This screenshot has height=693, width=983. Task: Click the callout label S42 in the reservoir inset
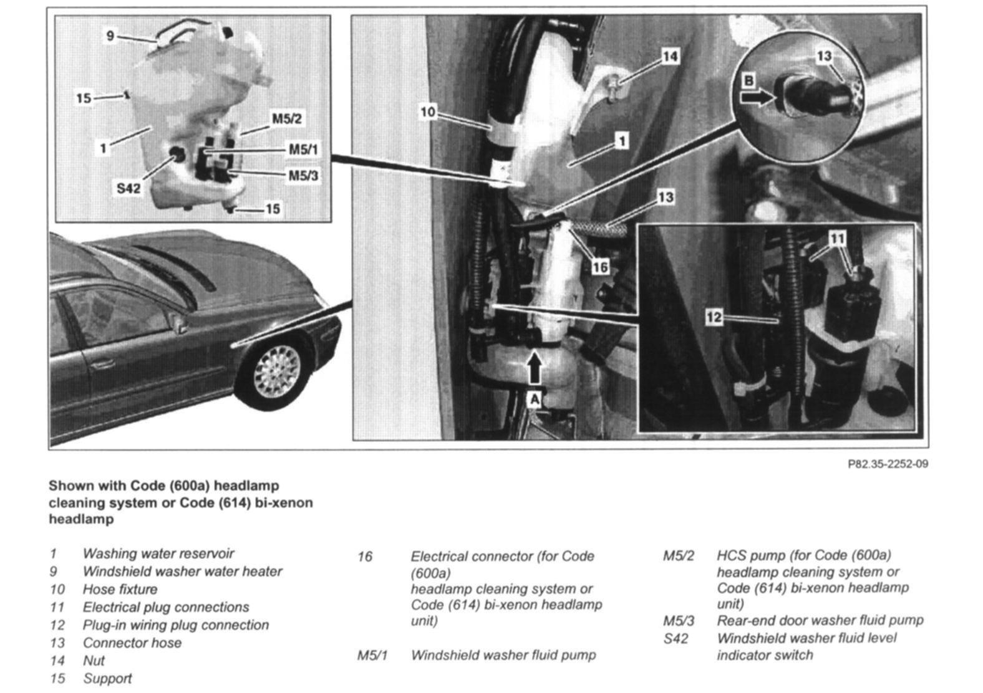(128, 188)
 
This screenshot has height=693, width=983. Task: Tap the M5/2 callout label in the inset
(286, 118)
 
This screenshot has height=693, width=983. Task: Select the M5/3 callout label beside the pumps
(303, 176)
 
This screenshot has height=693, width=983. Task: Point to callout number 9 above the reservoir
(110, 36)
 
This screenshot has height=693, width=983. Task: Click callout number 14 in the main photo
(670, 56)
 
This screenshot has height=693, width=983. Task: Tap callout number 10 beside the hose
(428, 112)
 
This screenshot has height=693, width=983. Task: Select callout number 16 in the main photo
(600, 267)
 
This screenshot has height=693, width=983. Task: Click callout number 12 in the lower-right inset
(714, 317)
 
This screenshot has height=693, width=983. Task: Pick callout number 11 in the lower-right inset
(837, 238)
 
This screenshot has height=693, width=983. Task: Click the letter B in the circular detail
(748, 80)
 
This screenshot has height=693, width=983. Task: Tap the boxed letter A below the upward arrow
(535, 399)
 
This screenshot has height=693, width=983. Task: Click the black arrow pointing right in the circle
(758, 97)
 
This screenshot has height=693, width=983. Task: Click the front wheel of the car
(276, 373)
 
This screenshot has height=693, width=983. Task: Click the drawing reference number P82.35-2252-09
(888, 464)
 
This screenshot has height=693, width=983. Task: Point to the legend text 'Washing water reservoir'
(158, 553)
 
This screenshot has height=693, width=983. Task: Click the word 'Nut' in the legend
(94, 661)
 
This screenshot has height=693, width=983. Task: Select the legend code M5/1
(372, 655)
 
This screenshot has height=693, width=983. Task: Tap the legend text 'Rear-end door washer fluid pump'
(820, 620)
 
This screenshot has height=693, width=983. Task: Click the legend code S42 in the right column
(676, 638)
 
